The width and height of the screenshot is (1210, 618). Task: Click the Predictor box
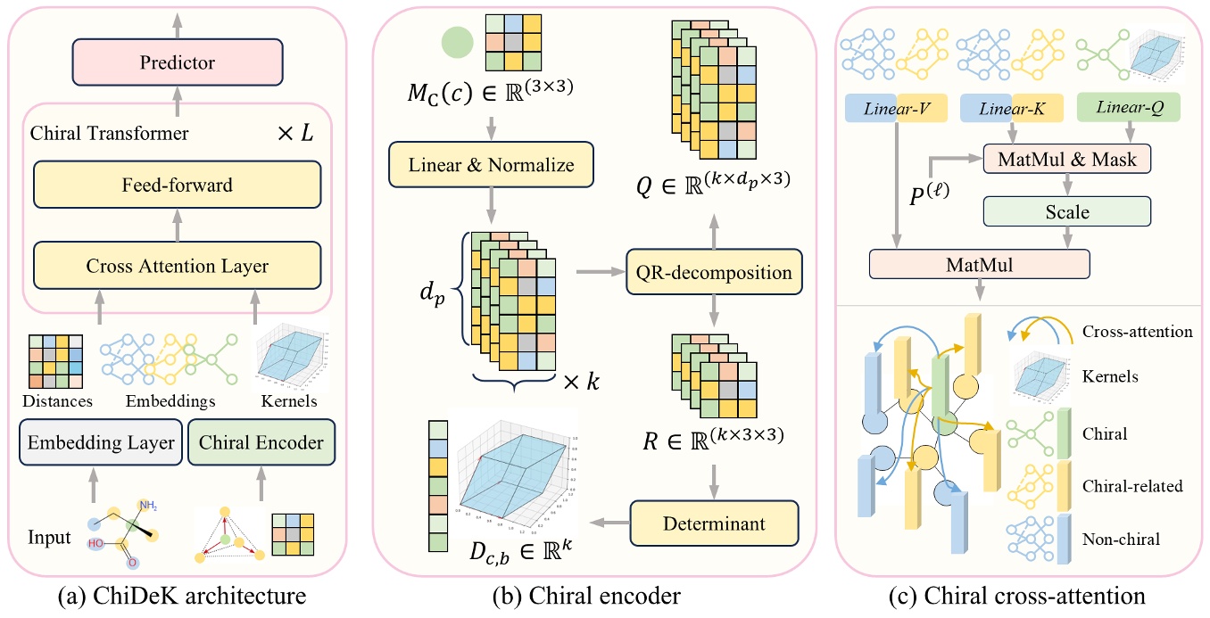point(178,62)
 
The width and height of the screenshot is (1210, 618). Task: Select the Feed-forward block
point(178,185)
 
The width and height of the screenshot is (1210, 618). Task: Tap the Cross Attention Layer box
point(178,266)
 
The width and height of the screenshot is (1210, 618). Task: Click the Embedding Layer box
point(101,443)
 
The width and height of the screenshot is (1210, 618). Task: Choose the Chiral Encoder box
point(261,443)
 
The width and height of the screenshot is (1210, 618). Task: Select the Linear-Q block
point(1129,108)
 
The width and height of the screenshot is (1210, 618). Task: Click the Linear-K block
point(1012,108)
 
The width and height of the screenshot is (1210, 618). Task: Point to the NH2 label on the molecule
point(146,507)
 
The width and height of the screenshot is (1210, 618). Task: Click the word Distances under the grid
point(56,401)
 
